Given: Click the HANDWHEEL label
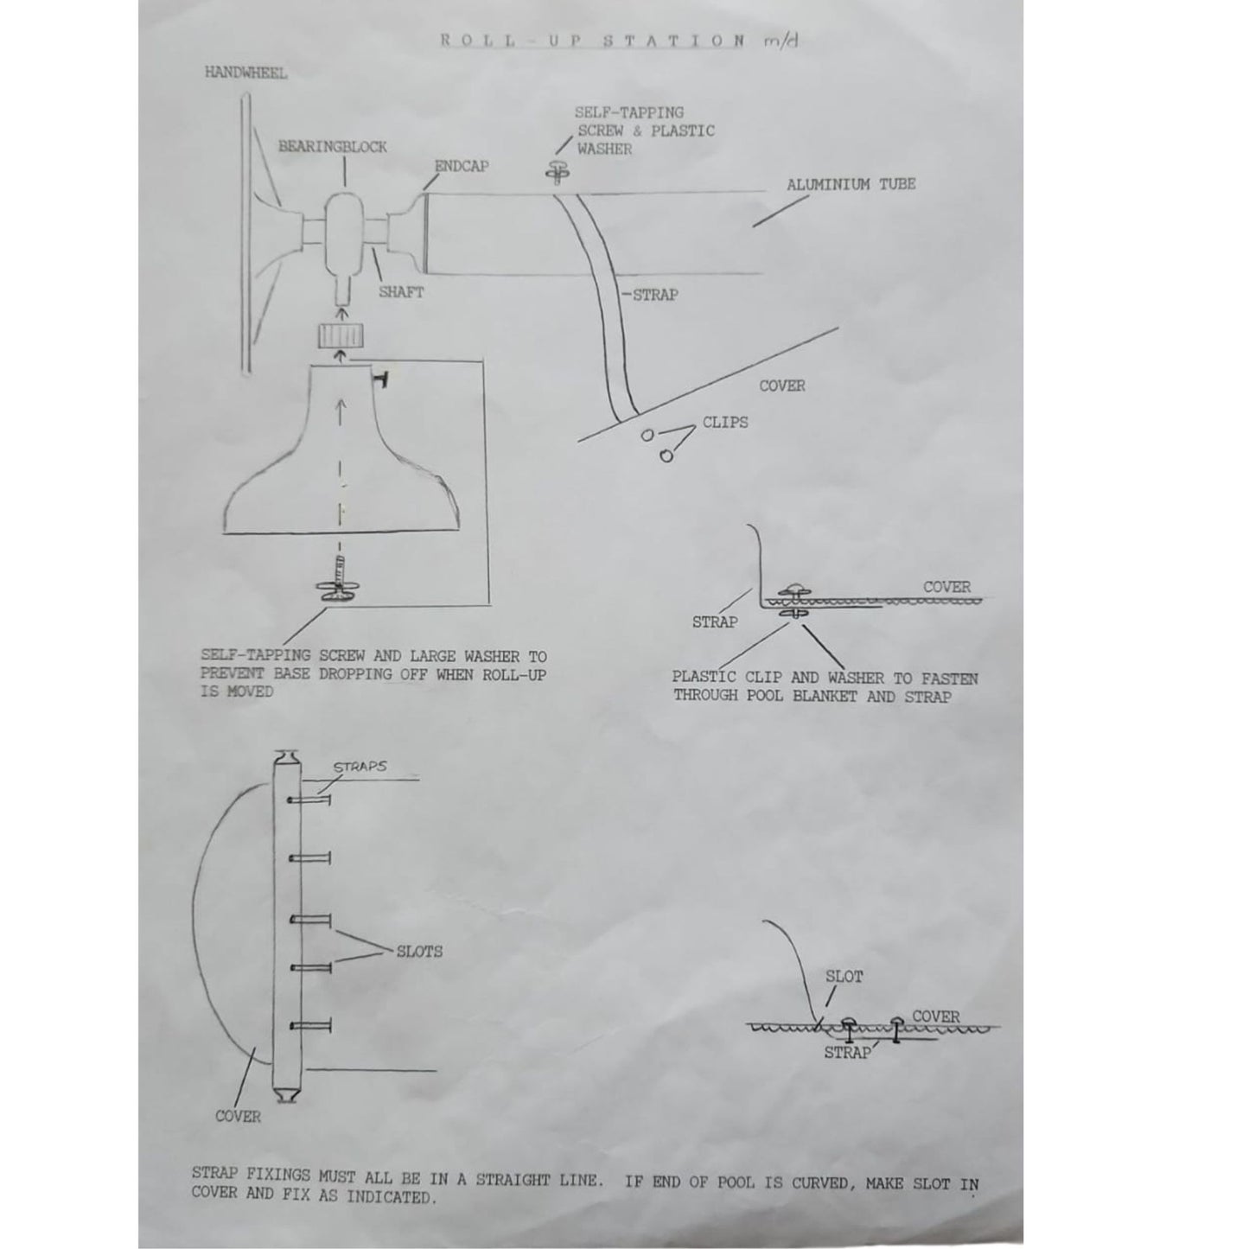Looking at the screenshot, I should [245, 73].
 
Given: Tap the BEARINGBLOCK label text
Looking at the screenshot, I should [332, 147].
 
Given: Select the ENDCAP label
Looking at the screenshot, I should [462, 166].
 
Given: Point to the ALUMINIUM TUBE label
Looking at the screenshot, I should [851, 184].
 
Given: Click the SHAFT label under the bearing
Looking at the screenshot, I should [401, 292].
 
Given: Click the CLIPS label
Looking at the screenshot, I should [725, 423].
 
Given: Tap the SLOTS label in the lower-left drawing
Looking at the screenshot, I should [419, 952].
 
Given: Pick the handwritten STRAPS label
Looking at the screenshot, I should [360, 767].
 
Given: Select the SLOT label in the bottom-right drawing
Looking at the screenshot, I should [844, 977].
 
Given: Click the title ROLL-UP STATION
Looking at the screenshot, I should [593, 40].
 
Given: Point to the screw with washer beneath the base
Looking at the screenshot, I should [340, 584].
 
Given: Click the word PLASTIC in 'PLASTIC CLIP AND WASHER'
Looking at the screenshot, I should [704, 679].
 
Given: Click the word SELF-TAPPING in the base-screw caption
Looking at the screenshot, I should [256, 657].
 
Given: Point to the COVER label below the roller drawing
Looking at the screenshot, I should [238, 1116].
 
